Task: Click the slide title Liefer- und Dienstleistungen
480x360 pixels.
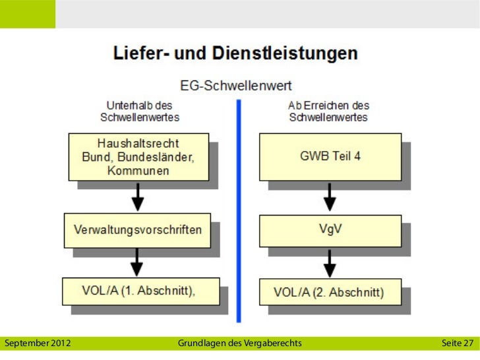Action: pyautogui.click(x=236, y=53)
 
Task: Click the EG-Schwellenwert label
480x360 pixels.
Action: pyautogui.click(x=236, y=86)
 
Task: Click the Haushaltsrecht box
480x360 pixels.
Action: pyautogui.click(x=138, y=156)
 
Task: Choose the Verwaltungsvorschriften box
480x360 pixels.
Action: pyautogui.click(x=137, y=230)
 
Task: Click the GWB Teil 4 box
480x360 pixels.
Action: pyautogui.click(x=330, y=157)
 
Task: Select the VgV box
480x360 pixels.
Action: pyautogui.click(x=329, y=230)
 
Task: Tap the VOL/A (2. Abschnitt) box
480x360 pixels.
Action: pyautogui.click(x=329, y=292)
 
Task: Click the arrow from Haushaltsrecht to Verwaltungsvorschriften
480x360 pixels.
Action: pyautogui.click(x=137, y=196)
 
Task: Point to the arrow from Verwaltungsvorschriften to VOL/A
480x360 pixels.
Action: pyautogui.click(x=137, y=262)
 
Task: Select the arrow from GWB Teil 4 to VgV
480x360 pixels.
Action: pyautogui.click(x=330, y=196)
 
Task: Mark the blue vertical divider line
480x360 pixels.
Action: pyautogui.click(x=239, y=211)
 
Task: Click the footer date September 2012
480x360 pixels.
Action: pyautogui.click(x=38, y=343)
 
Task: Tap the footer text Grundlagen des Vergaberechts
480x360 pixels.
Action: pyautogui.click(x=240, y=343)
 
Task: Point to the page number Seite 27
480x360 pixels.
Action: pyautogui.click(x=457, y=343)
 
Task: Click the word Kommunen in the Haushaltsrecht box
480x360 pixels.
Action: pyautogui.click(x=138, y=170)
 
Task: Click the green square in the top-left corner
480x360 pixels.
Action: pyautogui.click(x=27, y=14)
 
